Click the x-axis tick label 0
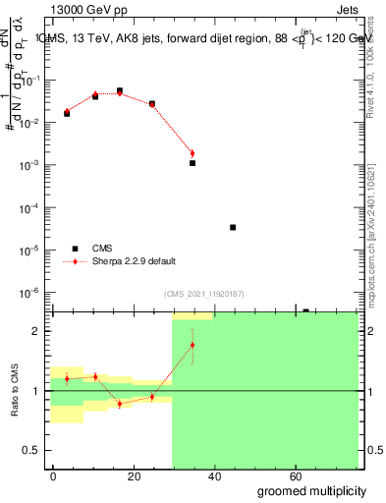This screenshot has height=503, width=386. (x=53, y=475)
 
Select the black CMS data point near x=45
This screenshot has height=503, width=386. (x=233, y=227)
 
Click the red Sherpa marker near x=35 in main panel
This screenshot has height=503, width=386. (x=193, y=153)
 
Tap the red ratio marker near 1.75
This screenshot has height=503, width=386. (x=193, y=345)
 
